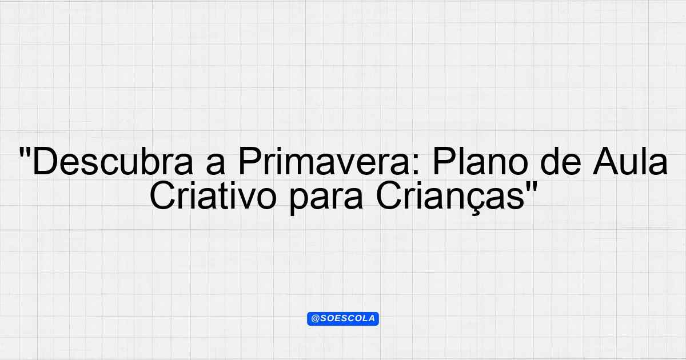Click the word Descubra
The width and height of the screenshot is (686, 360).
tap(113, 161)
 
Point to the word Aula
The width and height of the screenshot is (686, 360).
tap(631, 161)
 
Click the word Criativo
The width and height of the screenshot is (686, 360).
tap(213, 195)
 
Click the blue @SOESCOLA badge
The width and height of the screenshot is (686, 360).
tap(343, 319)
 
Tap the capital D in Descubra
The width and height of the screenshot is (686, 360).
tap(45, 161)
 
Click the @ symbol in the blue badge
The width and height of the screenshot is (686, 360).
tap(315, 319)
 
